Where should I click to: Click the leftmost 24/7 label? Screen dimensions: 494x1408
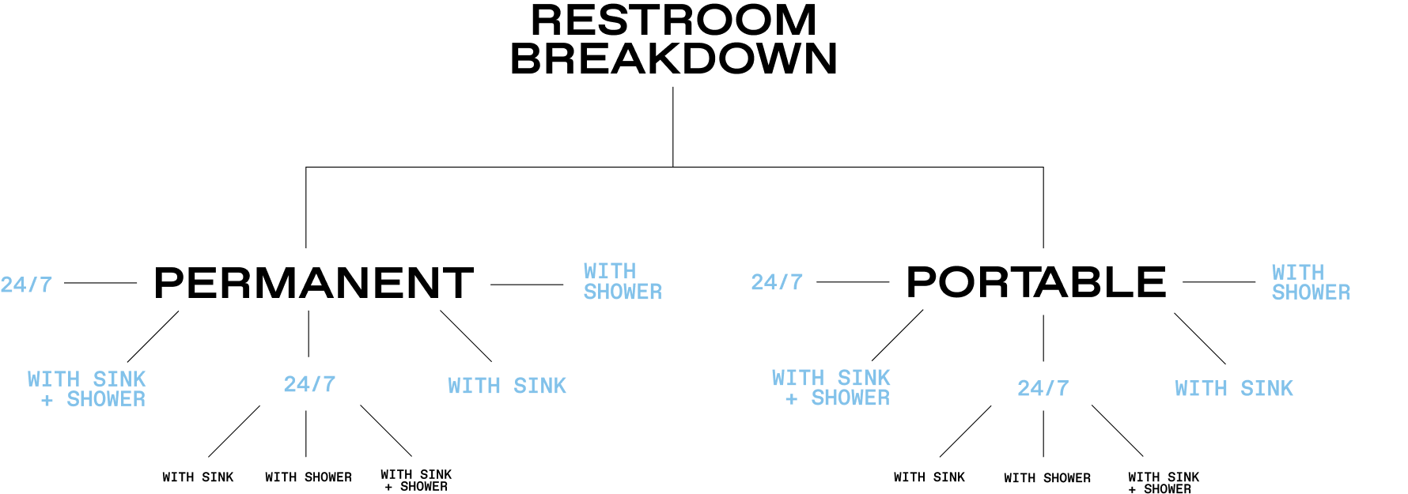tap(26, 285)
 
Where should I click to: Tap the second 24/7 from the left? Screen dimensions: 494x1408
tap(309, 384)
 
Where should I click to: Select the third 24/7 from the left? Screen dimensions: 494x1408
tap(777, 282)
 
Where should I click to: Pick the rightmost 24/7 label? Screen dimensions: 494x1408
tap(1043, 388)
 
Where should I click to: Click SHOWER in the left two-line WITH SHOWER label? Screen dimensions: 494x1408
tap(623, 292)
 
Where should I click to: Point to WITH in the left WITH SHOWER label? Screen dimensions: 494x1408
tap(609, 271)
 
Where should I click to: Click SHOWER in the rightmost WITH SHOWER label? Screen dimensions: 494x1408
tap(1311, 292)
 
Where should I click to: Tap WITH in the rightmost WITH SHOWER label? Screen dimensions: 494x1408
tap(1297, 273)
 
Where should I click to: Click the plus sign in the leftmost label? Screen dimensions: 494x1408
tap(47, 401)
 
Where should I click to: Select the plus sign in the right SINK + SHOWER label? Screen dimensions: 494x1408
tap(791, 399)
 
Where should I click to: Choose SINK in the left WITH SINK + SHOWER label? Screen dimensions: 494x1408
tap(119, 379)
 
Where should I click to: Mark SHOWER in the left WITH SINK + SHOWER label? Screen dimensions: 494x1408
tap(106, 400)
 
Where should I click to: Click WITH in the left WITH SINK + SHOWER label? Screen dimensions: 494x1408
tap(54, 379)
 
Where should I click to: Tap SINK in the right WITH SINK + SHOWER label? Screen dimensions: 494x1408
tap(864, 378)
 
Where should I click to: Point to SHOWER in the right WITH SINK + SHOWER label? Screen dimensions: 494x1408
tap(850, 398)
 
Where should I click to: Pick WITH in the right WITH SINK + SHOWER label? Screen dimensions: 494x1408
tap(798, 378)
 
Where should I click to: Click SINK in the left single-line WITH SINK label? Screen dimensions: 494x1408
tap(539, 386)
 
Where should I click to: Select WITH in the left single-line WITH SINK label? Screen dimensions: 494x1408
tap(474, 386)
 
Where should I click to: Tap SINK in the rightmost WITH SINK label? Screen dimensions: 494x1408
tap(1266, 388)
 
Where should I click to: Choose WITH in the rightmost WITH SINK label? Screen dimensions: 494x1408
tap(1201, 388)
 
